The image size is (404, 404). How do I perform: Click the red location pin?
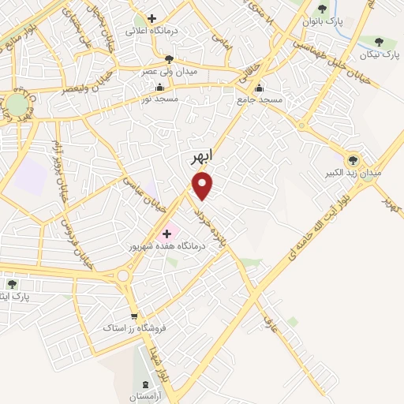[x=204, y=185]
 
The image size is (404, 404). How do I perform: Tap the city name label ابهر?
[x=203, y=158]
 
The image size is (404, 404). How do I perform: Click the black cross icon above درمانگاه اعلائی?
[x=151, y=18]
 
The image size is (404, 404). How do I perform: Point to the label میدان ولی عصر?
[x=168, y=71]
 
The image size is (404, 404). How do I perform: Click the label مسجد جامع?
[x=258, y=101]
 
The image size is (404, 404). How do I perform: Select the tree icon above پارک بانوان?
[x=323, y=9]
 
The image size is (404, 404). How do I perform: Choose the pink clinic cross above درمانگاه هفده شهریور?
[x=167, y=234]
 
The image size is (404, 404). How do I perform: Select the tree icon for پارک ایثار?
[x=11, y=283]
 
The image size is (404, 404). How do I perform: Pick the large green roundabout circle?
[x=17, y=105]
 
